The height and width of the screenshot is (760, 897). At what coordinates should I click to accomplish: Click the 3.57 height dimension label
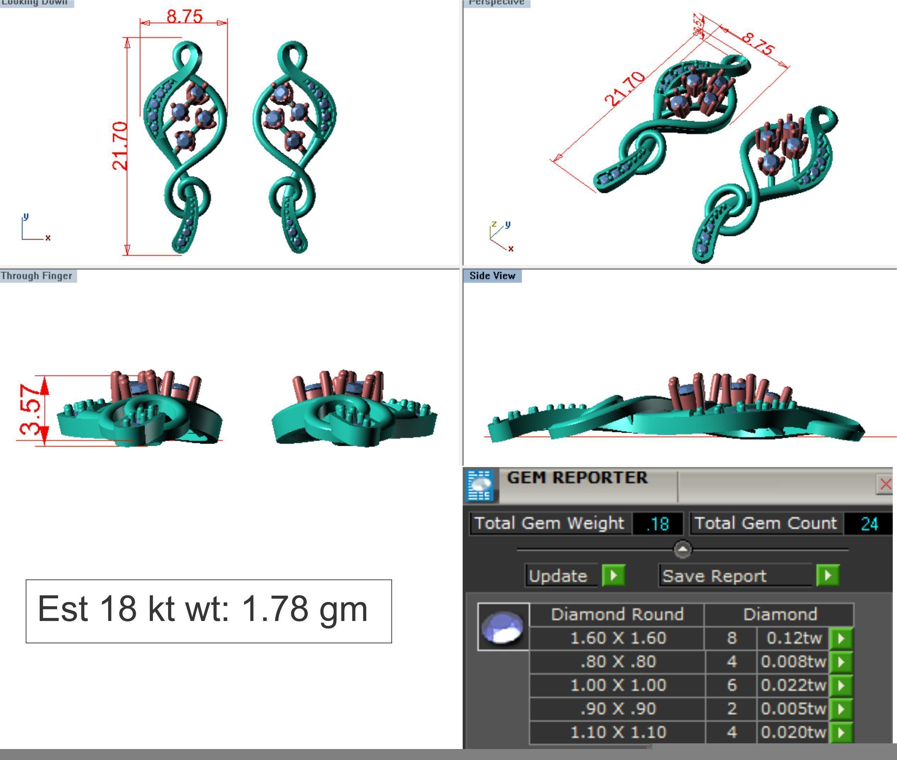tap(31, 410)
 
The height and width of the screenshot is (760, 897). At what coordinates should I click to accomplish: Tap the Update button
tap(558, 576)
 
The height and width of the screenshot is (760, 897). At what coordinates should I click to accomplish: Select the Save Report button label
tap(714, 576)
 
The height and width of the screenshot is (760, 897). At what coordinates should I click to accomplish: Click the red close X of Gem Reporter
tap(885, 484)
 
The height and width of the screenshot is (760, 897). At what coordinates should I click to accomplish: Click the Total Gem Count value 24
tap(869, 524)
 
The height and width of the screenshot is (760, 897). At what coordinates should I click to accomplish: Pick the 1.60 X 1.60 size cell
tap(618, 638)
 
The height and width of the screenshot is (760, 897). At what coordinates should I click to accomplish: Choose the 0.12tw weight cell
tap(793, 638)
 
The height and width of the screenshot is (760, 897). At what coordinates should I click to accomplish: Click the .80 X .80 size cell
tap(618, 661)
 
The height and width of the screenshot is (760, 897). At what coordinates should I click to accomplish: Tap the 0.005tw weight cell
tap(793, 709)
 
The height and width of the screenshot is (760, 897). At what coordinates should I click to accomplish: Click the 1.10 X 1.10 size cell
tap(618, 732)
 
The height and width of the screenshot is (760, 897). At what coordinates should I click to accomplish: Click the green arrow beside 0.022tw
tap(841, 685)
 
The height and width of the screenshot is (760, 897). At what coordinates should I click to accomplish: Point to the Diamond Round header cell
tap(617, 614)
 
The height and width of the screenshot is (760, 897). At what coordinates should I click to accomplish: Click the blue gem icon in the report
tap(502, 627)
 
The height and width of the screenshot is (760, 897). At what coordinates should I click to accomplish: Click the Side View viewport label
tap(492, 276)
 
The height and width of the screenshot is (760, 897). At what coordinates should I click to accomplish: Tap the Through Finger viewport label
tap(37, 276)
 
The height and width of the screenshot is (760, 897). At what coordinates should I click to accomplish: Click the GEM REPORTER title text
tap(577, 477)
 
